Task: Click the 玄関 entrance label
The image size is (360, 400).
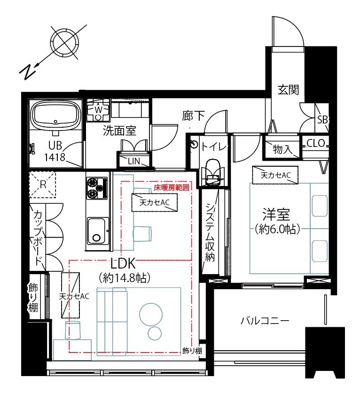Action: click(x=288, y=90)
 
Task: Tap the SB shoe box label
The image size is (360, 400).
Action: click(x=323, y=120)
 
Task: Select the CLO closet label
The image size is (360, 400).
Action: click(x=315, y=143)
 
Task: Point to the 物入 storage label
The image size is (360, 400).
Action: click(x=282, y=149)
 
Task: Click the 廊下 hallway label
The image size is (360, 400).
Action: click(x=194, y=116)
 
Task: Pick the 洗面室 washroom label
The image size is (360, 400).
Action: click(x=119, y=131)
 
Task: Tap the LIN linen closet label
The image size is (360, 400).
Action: click(x=134, y=161)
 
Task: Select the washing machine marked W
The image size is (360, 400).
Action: click(x=98, y=110)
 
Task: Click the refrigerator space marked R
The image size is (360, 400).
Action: click(x=42, y=185)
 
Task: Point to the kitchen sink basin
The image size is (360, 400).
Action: click(x=98, y=231)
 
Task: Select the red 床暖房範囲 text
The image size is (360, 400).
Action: click(x=172, y=188)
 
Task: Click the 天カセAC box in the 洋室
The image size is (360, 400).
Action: click(x=275, y=175)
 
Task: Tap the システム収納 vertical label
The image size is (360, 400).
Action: click(x=210, y=232)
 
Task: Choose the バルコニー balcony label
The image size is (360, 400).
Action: click(x=265, y=321)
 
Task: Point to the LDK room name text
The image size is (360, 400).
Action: click(x=123, y=263)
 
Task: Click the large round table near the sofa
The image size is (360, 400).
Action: click(x=151, y=315)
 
